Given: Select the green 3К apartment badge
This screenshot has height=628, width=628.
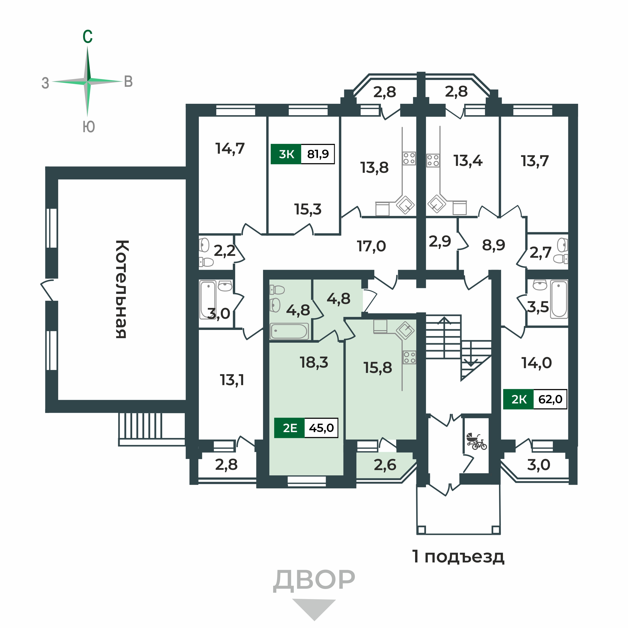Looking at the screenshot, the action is [286, 154].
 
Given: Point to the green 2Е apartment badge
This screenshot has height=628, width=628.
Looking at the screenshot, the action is [289, 428].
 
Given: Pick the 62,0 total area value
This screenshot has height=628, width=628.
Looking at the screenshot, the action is [550, 399].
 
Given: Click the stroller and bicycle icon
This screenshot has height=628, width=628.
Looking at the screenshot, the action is [476, 441].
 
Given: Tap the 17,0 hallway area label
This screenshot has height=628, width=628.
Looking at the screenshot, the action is [371, 246].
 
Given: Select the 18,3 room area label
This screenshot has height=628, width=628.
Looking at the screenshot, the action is [314, 362].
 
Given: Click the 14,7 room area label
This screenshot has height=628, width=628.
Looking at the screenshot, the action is [230, 149].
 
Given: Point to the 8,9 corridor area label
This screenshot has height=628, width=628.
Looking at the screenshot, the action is [493, 245].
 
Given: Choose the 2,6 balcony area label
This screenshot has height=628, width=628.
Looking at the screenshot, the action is [385, 465].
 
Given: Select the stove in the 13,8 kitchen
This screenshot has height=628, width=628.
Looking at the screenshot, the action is [409, 158].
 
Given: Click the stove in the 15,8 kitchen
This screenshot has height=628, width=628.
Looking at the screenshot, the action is [410, 358].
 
